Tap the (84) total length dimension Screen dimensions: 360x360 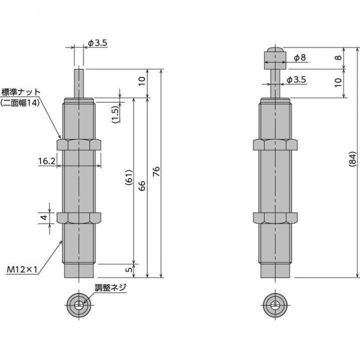352,158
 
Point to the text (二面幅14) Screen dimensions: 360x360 20,103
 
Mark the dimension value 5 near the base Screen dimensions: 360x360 128,270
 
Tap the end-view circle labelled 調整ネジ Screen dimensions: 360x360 79,306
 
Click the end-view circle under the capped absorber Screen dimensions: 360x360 274,306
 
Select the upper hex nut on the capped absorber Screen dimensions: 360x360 274,144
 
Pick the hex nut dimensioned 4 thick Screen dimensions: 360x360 79,218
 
